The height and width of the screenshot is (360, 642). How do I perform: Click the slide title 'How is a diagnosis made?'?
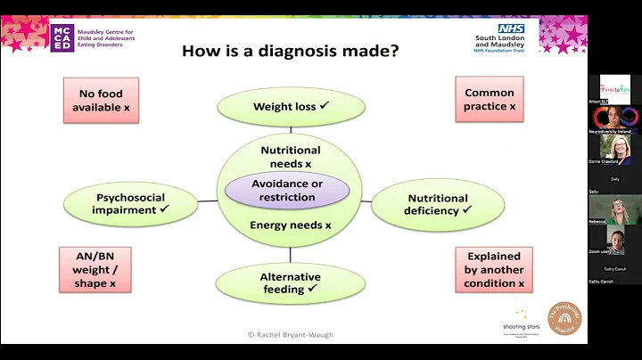coord(290,50)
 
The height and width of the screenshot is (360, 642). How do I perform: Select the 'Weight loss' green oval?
coord(291,107)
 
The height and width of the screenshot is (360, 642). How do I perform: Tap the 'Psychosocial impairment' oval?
coord(131,203)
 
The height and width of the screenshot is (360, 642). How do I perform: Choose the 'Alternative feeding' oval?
coord(290,282)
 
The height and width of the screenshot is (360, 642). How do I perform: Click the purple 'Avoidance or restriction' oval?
coord(287,190)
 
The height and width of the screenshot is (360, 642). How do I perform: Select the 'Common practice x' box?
coord(489,100)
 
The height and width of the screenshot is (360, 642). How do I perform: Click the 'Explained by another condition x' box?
coord(494,269)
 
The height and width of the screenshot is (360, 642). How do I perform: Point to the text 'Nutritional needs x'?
coord(291,157)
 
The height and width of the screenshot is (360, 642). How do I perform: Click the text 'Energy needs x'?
coord(290,225)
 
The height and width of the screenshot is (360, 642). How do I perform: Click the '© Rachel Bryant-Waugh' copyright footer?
coord(291,334)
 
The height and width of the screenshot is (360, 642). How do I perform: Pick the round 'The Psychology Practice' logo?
coord(564,317)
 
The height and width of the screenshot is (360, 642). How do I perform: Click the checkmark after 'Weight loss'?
coord(325,106)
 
